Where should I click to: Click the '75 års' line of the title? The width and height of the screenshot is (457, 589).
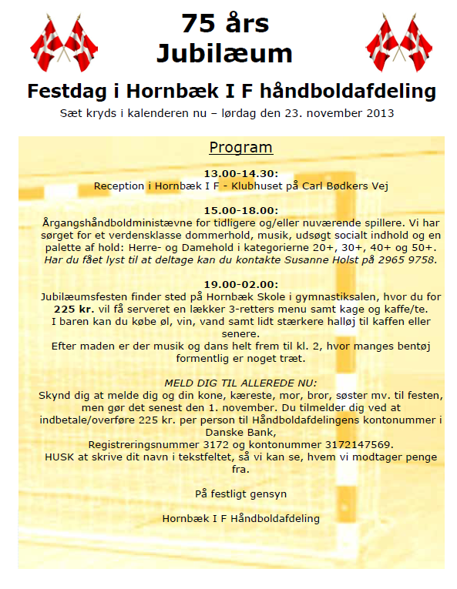(x=225, y=24)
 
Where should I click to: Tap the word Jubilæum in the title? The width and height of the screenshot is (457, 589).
(x=225, y=53)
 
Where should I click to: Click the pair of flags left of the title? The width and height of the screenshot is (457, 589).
(x=63, y=43)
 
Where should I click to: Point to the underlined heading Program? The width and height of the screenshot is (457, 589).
(x=240, y=148)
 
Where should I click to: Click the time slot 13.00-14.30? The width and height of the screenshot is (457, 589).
(x=240, y=174)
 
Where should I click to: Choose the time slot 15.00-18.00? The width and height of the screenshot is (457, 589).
(x=240, y=210)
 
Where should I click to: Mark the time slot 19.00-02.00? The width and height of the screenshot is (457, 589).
(x=240, y=284)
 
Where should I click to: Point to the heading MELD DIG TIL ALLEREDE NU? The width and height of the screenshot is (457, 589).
(x=240, y=383)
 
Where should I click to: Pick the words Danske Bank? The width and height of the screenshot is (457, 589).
(x=240, y=432)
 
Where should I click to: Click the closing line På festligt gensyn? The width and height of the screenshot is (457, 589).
(x=240, y=494)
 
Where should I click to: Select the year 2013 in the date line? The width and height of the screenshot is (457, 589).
(x=381, y=113)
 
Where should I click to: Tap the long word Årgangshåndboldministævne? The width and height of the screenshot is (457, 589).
(x=116, y=223)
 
